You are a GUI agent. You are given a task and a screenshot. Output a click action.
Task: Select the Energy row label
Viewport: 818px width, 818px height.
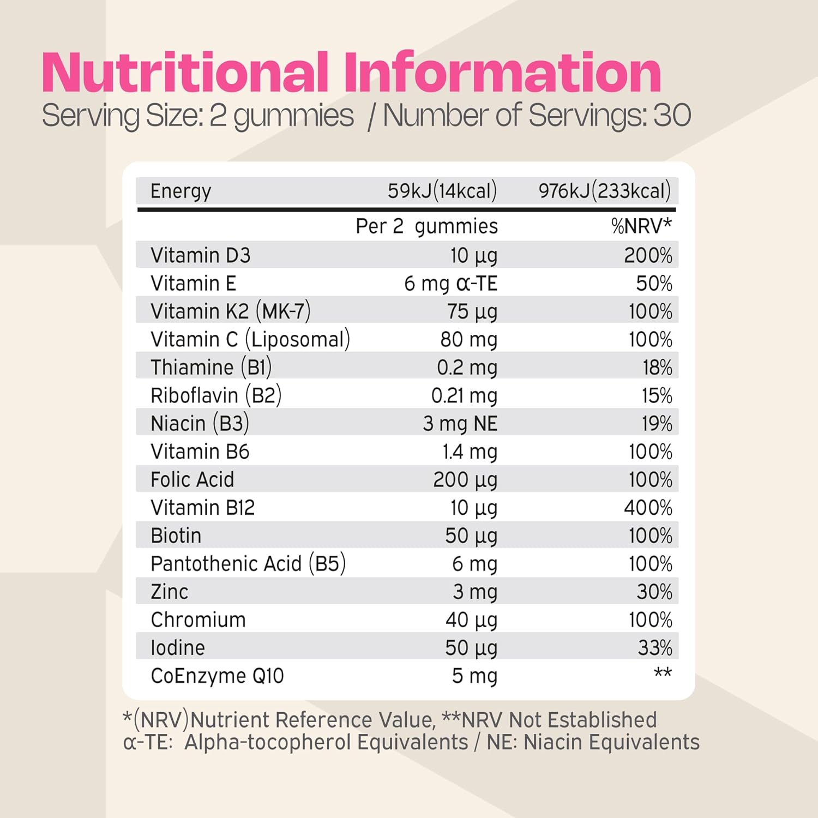(x=181, y=191)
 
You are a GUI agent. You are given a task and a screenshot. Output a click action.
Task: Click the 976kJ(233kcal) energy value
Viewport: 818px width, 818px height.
(x=604, y=191)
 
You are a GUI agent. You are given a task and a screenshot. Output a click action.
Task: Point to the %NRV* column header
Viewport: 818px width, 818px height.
(x=641, y=226)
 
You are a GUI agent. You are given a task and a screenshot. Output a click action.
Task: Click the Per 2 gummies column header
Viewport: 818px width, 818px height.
(x=426, y=226)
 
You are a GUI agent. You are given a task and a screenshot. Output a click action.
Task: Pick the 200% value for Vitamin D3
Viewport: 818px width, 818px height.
(x=648, y=256)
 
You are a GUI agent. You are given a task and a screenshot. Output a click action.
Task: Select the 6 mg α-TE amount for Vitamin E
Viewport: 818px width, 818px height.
(x=450, y=284)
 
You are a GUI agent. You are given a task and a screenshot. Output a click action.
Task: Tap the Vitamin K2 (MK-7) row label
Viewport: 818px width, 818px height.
(x=230, y=312)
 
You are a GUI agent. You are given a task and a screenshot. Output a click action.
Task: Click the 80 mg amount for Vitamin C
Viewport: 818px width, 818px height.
(x=468, y=340)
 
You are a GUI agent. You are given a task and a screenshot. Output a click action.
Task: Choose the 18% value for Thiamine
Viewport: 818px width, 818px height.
(x=657, y=368)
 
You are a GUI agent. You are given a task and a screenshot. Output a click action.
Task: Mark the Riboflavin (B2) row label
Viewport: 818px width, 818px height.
(x=216, y=396)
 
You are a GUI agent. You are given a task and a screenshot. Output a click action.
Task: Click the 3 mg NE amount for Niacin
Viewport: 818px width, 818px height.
(x=460, y=424)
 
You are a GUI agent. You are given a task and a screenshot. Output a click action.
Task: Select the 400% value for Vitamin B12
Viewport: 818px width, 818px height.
(x=648, y=508)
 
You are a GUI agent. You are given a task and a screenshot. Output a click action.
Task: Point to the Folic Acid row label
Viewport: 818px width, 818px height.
(x=192, y=480)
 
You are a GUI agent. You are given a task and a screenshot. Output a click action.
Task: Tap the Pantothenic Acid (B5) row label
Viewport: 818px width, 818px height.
(x=248, y=564)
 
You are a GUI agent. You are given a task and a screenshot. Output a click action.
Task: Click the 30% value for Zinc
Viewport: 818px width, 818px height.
(x=654, y=592)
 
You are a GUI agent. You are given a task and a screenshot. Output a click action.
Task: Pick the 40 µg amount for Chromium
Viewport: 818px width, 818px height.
(x=471, y=620)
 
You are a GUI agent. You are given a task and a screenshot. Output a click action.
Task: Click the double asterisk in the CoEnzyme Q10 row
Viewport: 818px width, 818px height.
(x=663, y=673)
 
